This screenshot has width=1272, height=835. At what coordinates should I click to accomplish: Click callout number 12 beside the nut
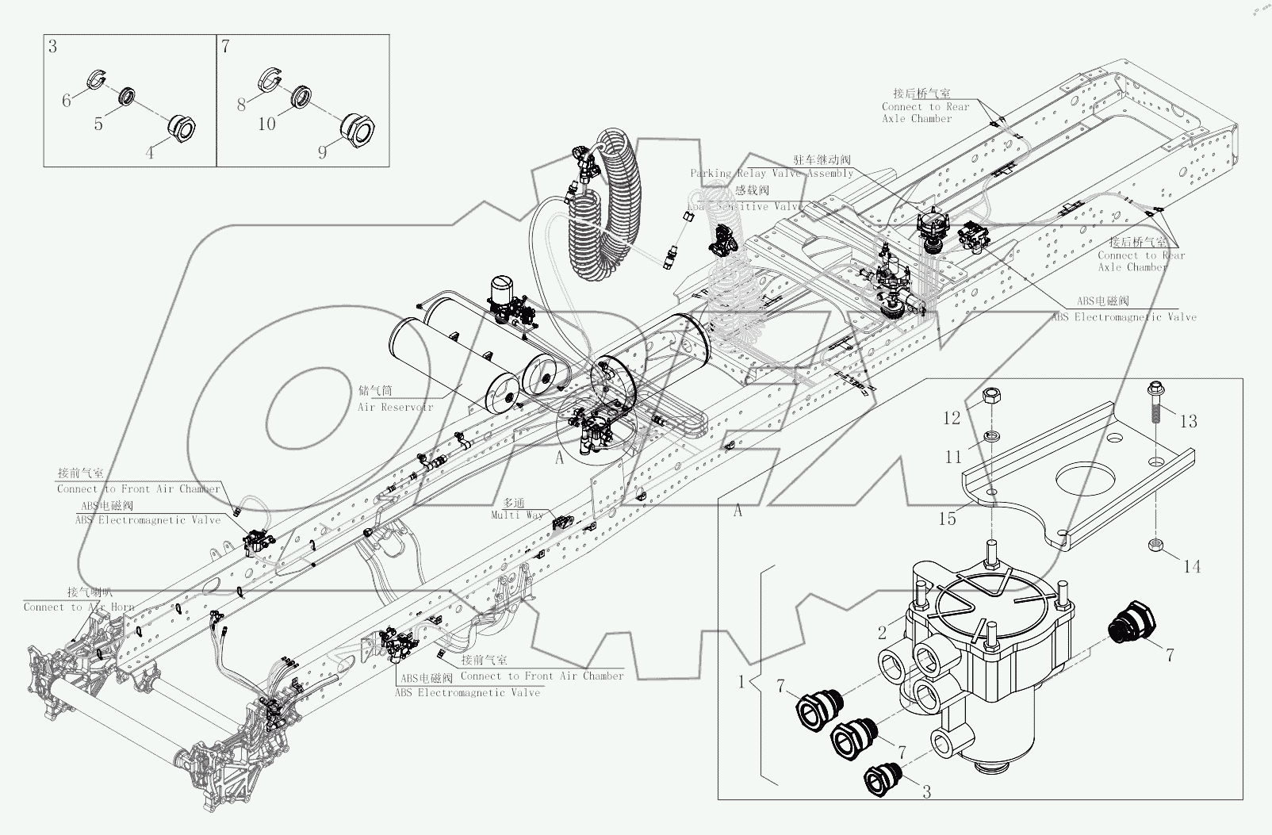[952, 417]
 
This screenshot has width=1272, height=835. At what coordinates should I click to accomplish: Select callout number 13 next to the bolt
[1188, 421]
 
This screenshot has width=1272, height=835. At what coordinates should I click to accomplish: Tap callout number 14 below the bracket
[1192, 566]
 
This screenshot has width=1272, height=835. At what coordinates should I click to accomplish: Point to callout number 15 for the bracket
[947, 519]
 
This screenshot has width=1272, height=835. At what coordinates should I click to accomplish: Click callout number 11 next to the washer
[953, 457]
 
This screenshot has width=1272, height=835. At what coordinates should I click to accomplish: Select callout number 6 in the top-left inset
[67, 100]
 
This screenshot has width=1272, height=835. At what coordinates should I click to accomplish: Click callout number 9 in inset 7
[322, 151]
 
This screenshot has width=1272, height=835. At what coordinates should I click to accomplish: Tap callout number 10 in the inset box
[267, 124]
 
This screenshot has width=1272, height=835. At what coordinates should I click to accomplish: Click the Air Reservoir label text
[395, 407]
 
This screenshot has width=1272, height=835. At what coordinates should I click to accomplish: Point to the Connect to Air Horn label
[79, 607]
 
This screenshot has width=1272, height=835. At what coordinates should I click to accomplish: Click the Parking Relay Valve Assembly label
[771, 174]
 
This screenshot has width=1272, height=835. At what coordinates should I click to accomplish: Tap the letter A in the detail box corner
[738, 511]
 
